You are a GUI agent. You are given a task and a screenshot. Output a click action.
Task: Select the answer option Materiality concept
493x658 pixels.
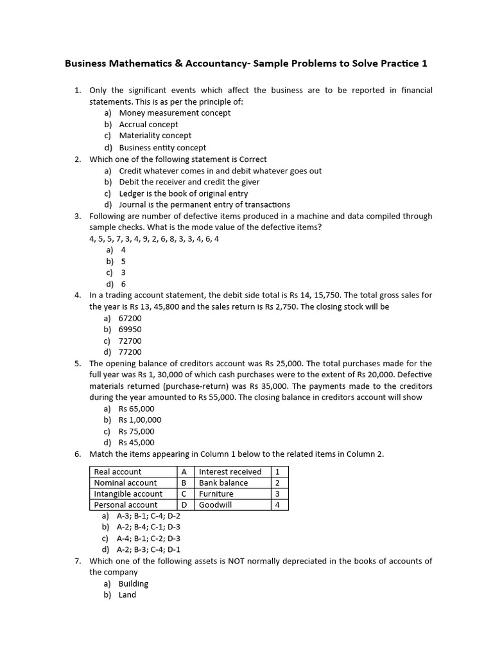coord(155,136)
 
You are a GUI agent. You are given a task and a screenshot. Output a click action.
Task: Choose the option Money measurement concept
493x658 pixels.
coord(175,113)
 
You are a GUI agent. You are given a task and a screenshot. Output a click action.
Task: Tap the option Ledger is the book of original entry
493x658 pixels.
coord(183,193)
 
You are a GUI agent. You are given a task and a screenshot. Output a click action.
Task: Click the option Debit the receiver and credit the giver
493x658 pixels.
coord(189,182)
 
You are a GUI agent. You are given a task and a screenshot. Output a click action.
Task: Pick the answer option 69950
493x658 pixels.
coord(130,330)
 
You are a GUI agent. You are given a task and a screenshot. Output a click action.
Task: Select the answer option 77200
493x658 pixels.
coord(130,352)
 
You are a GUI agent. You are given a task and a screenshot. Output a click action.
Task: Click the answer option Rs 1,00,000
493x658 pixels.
coord(140,420)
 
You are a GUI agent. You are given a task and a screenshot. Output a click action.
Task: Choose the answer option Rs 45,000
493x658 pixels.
coord(136,443)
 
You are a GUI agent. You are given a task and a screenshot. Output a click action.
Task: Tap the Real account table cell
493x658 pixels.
coord(118,472)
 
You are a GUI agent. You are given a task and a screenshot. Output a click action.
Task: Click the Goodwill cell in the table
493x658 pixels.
coord(215,505)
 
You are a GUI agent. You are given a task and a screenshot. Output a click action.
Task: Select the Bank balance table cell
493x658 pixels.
coord(223,483)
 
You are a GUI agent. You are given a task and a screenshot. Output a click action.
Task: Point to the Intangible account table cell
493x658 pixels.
coord(128,494)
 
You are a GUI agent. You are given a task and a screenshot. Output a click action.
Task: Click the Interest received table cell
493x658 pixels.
coord(230,472)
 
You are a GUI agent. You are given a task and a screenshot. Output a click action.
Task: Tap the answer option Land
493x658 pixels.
coord(127,595)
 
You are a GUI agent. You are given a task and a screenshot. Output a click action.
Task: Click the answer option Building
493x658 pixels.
coord(133,583)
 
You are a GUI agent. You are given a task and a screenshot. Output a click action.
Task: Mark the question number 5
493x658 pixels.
coord(77,364)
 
